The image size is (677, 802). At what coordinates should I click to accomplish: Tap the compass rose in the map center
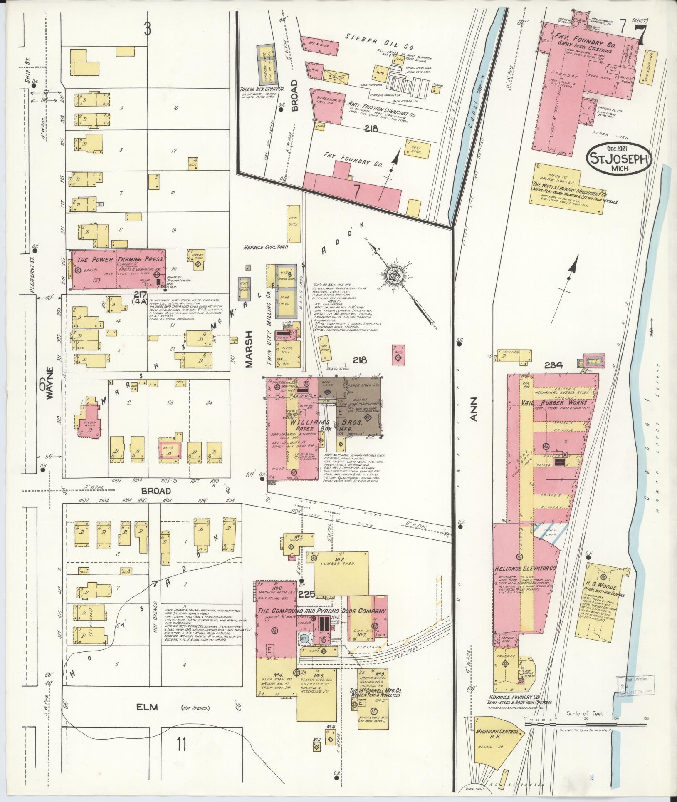pos(395,274)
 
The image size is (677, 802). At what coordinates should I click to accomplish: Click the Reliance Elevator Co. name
pos(525,568)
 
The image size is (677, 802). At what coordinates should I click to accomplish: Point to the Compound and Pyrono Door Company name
pos(322,611)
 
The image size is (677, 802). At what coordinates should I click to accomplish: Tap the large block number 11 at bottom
pos(181,744)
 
